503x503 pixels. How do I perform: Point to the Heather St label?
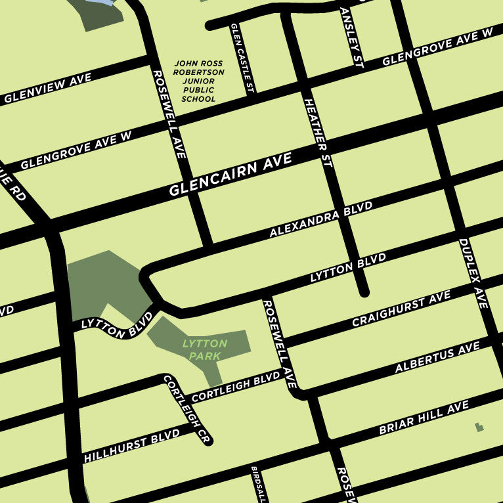tap(318, 133)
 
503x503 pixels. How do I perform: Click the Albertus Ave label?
tap(437, 358)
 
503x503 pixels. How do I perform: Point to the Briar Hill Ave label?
tap(424, 419)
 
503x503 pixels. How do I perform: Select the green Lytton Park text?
tap(204, 349)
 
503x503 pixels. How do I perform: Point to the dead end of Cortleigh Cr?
tap(208, 441)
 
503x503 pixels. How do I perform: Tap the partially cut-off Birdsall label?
tap(259, 485)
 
